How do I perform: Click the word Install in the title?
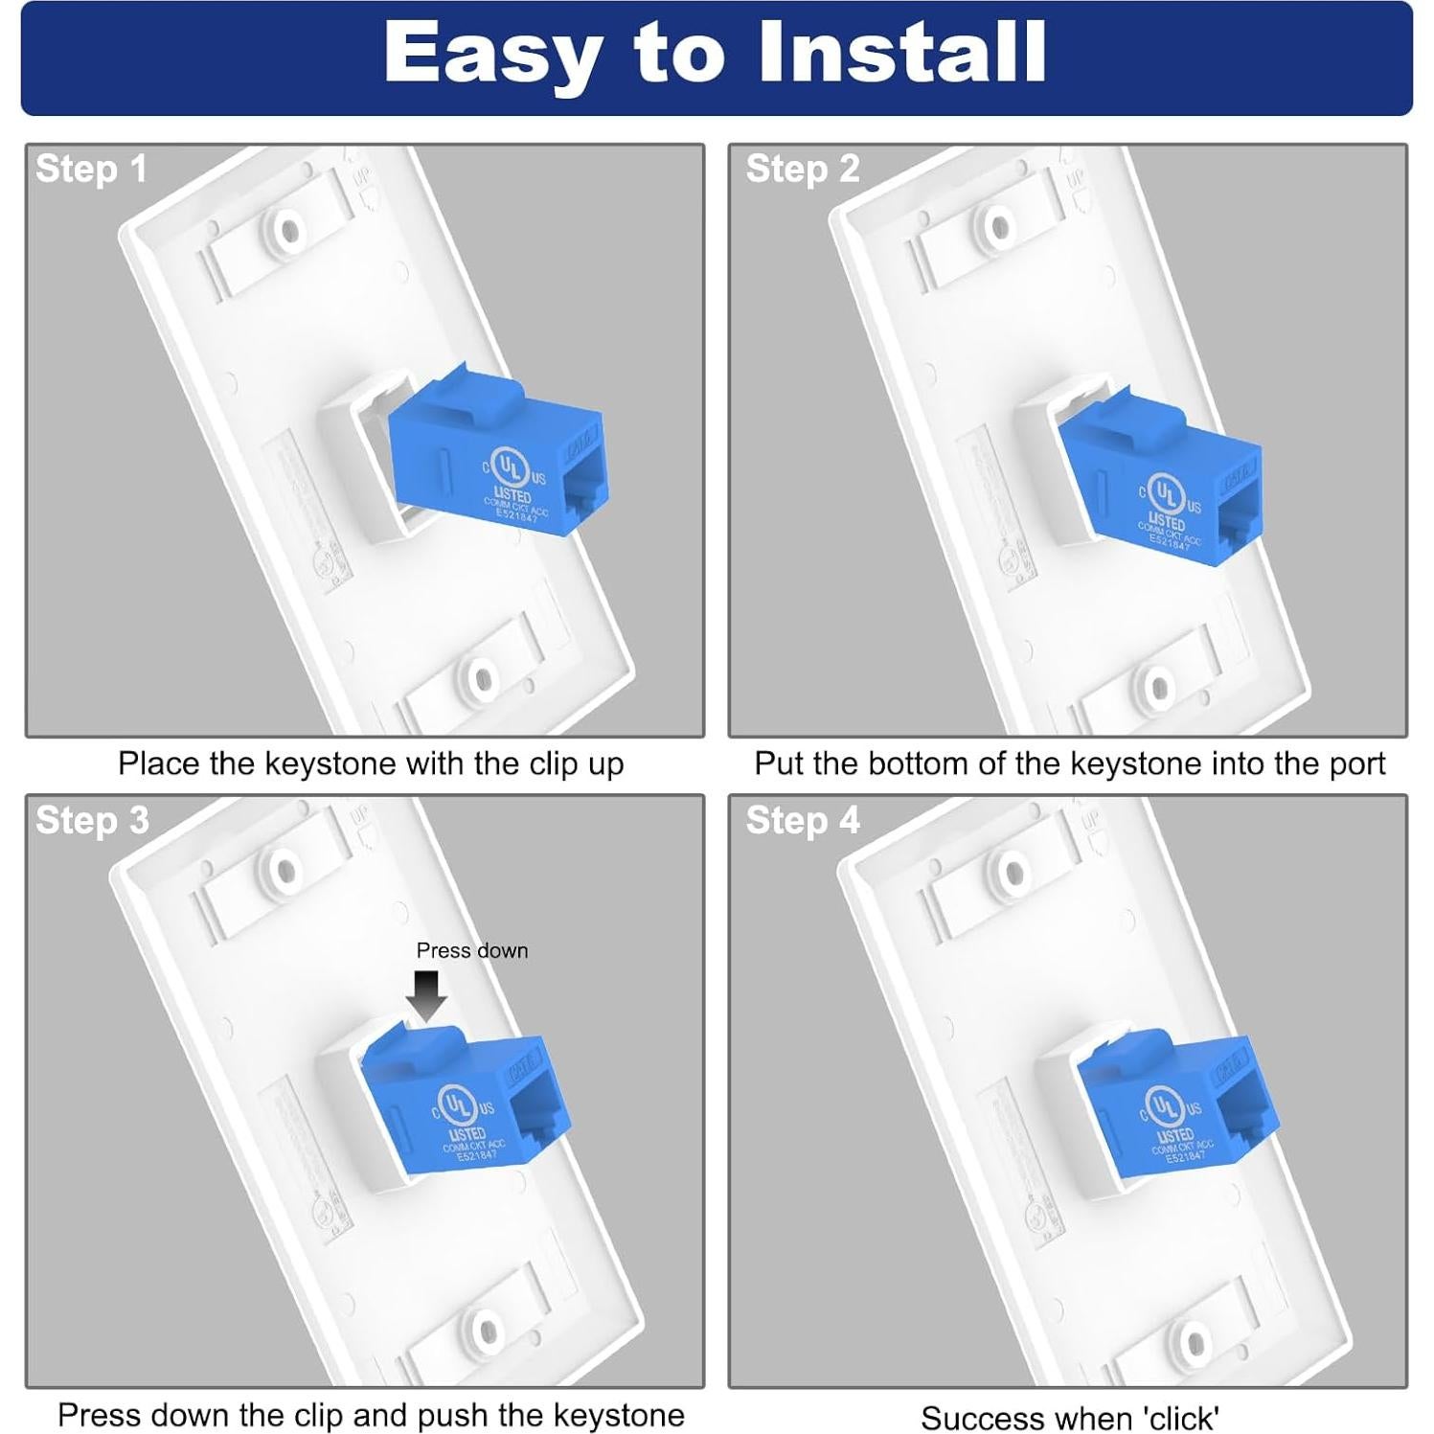[901, 54]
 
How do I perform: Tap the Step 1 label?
[91, 170]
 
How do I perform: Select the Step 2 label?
[803, 170]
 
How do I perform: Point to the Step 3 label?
[92, 821]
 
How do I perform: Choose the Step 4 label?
[803, 821]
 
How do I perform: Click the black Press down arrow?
[426, 994]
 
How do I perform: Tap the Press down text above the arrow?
[471, 950]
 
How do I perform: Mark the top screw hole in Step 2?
[999, 228]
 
